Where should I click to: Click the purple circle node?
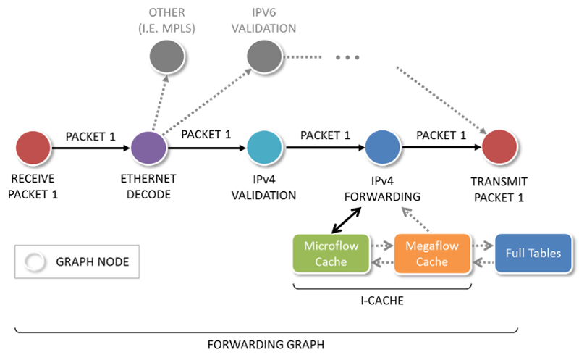pos(148,148)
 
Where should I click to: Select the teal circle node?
pos(264,148)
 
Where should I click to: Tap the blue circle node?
pos(381,148)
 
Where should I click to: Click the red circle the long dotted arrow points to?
pos(499,148)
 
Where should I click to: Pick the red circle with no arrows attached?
pos(33,148)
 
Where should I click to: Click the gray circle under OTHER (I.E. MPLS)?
pos(166,56)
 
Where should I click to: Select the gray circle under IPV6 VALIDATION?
pos(263,56)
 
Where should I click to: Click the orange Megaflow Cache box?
pos(431,254)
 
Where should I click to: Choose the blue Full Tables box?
pos(531,254)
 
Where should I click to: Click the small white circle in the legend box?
pos(33,261)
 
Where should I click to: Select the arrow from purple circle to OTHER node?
pos(159,101)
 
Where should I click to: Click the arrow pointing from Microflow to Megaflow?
pos(381,246)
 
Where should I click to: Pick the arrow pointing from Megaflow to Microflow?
pos(381,262)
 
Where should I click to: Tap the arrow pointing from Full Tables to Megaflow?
pos(482,262)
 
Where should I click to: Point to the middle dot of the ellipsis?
pos(347,57)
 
